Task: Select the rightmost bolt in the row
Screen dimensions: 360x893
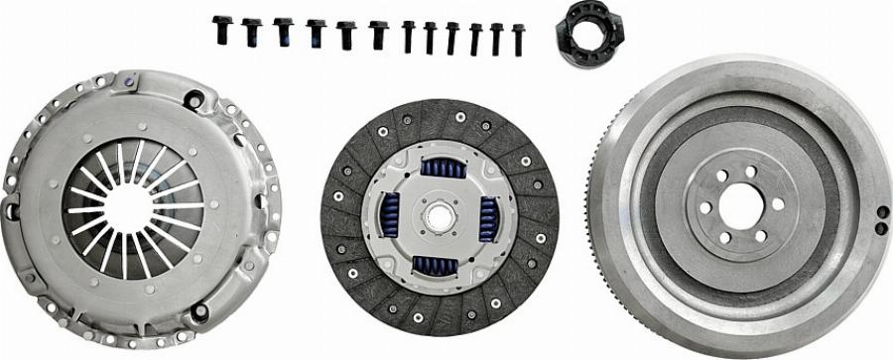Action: click(x=518, y=39)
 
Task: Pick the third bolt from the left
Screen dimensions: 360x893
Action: click(x=284, y=31)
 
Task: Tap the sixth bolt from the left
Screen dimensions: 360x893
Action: click(x=378, y=34)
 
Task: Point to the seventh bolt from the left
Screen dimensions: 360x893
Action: click(x=408, y=36)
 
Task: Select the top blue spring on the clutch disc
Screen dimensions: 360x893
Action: click(x=442, y=168)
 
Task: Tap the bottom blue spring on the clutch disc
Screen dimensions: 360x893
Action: click(x=434, y=265)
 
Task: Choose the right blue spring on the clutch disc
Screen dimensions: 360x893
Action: click(x=488, y=217)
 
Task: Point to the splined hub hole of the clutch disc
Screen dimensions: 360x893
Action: click(x=439, y=215)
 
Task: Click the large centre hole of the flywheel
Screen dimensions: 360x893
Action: click(x=741, y=205)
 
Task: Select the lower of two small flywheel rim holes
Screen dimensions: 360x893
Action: click(x=881, y=228)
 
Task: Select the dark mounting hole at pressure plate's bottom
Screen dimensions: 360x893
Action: click(x=199, y=311)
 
